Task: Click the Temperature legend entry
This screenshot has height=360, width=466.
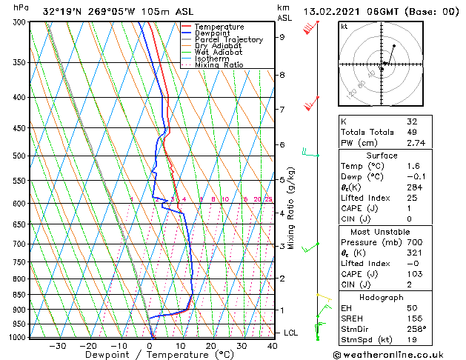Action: click(x=219, y=27)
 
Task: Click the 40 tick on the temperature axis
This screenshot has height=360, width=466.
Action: click(x=273, y=345)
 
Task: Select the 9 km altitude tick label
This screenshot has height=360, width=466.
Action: click(x=282, y=36)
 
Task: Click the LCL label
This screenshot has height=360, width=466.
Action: click(x=291, y=333)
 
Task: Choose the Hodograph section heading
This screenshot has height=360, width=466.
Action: click(x=382, y=297)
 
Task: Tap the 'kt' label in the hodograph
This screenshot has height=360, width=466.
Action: click(x=344, y=27)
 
